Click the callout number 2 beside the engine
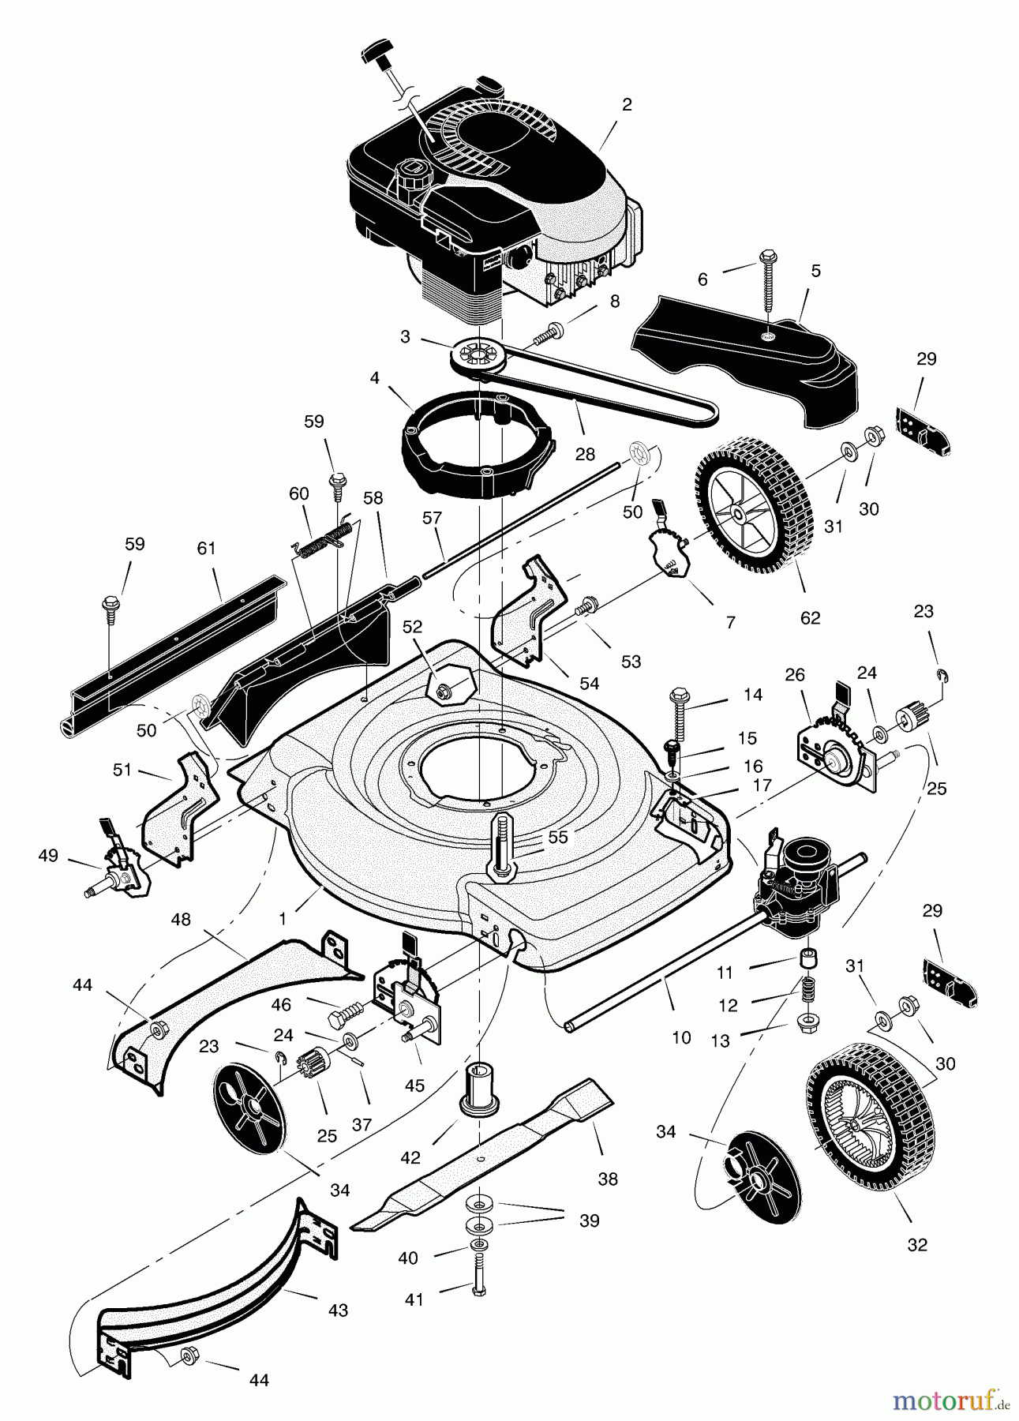point(627,105)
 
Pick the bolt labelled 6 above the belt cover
point(767,284)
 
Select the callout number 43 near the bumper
point(338,1310)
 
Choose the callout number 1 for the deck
point(282,919)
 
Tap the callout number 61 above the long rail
point(206,548)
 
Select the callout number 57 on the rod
point(432,518)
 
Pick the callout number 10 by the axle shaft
point(681,1037)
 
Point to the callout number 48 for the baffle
point(181,920)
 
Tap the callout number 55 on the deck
point(557,837)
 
